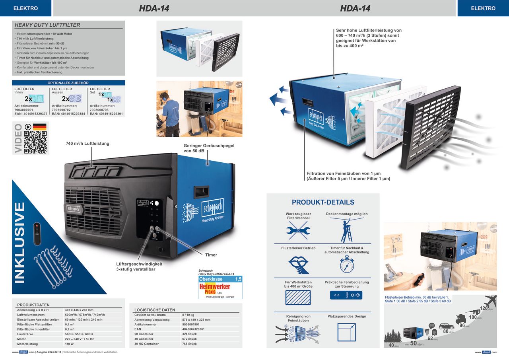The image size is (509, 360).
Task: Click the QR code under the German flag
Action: click(x=35, y=142)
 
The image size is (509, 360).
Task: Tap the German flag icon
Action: click(x=39, y=127)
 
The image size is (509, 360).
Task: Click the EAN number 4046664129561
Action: click(x=194, y=329)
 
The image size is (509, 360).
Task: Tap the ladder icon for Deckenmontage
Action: click(x=347, y=230)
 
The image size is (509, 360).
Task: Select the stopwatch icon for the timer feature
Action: click(x=347, y=264)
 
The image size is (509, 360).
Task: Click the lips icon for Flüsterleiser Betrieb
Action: click(x=298, y=264)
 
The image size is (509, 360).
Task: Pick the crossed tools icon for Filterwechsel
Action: click(x=298, y=230)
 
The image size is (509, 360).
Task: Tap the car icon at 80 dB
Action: click(x=446, y=326)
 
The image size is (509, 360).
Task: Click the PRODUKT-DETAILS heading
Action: click(x=323, y=202)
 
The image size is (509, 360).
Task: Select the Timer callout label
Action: click(x=211, y=255)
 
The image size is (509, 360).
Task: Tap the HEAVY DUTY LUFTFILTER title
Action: click(x=47, y=25)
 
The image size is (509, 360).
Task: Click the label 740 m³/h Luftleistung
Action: click(x=87, y=143)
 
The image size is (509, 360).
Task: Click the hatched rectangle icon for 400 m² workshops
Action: click(x=298, y=298)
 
